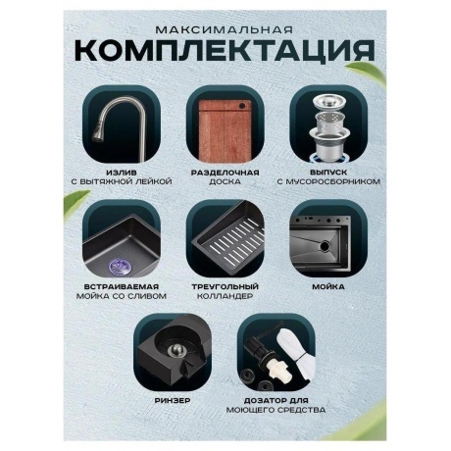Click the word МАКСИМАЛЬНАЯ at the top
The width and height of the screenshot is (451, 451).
(x=224, y=30)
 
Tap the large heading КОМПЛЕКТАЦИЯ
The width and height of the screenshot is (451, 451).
(x=225, y=51)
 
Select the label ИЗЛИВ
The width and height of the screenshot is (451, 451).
(x=122, y=173)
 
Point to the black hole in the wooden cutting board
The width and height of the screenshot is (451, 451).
(x=242, y=107)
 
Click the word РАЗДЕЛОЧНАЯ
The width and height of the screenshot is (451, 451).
(x=225, y=173)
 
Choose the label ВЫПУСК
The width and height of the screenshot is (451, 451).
(x=328, y=173)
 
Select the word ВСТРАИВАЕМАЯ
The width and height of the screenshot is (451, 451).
(x=122, y=286)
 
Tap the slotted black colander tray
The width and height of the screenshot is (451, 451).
(x=232, y=239)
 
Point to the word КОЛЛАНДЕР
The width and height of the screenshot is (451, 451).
(x=225, y=296)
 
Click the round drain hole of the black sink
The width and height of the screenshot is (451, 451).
(x=325, y=246)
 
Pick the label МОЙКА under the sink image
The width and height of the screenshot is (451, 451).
(x=328, y=286)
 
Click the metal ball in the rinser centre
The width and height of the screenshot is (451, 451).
(x=177, y=350)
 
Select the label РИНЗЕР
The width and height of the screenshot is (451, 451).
(x=173, y=400)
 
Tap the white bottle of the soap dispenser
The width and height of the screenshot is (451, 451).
(x=296, y=354)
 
